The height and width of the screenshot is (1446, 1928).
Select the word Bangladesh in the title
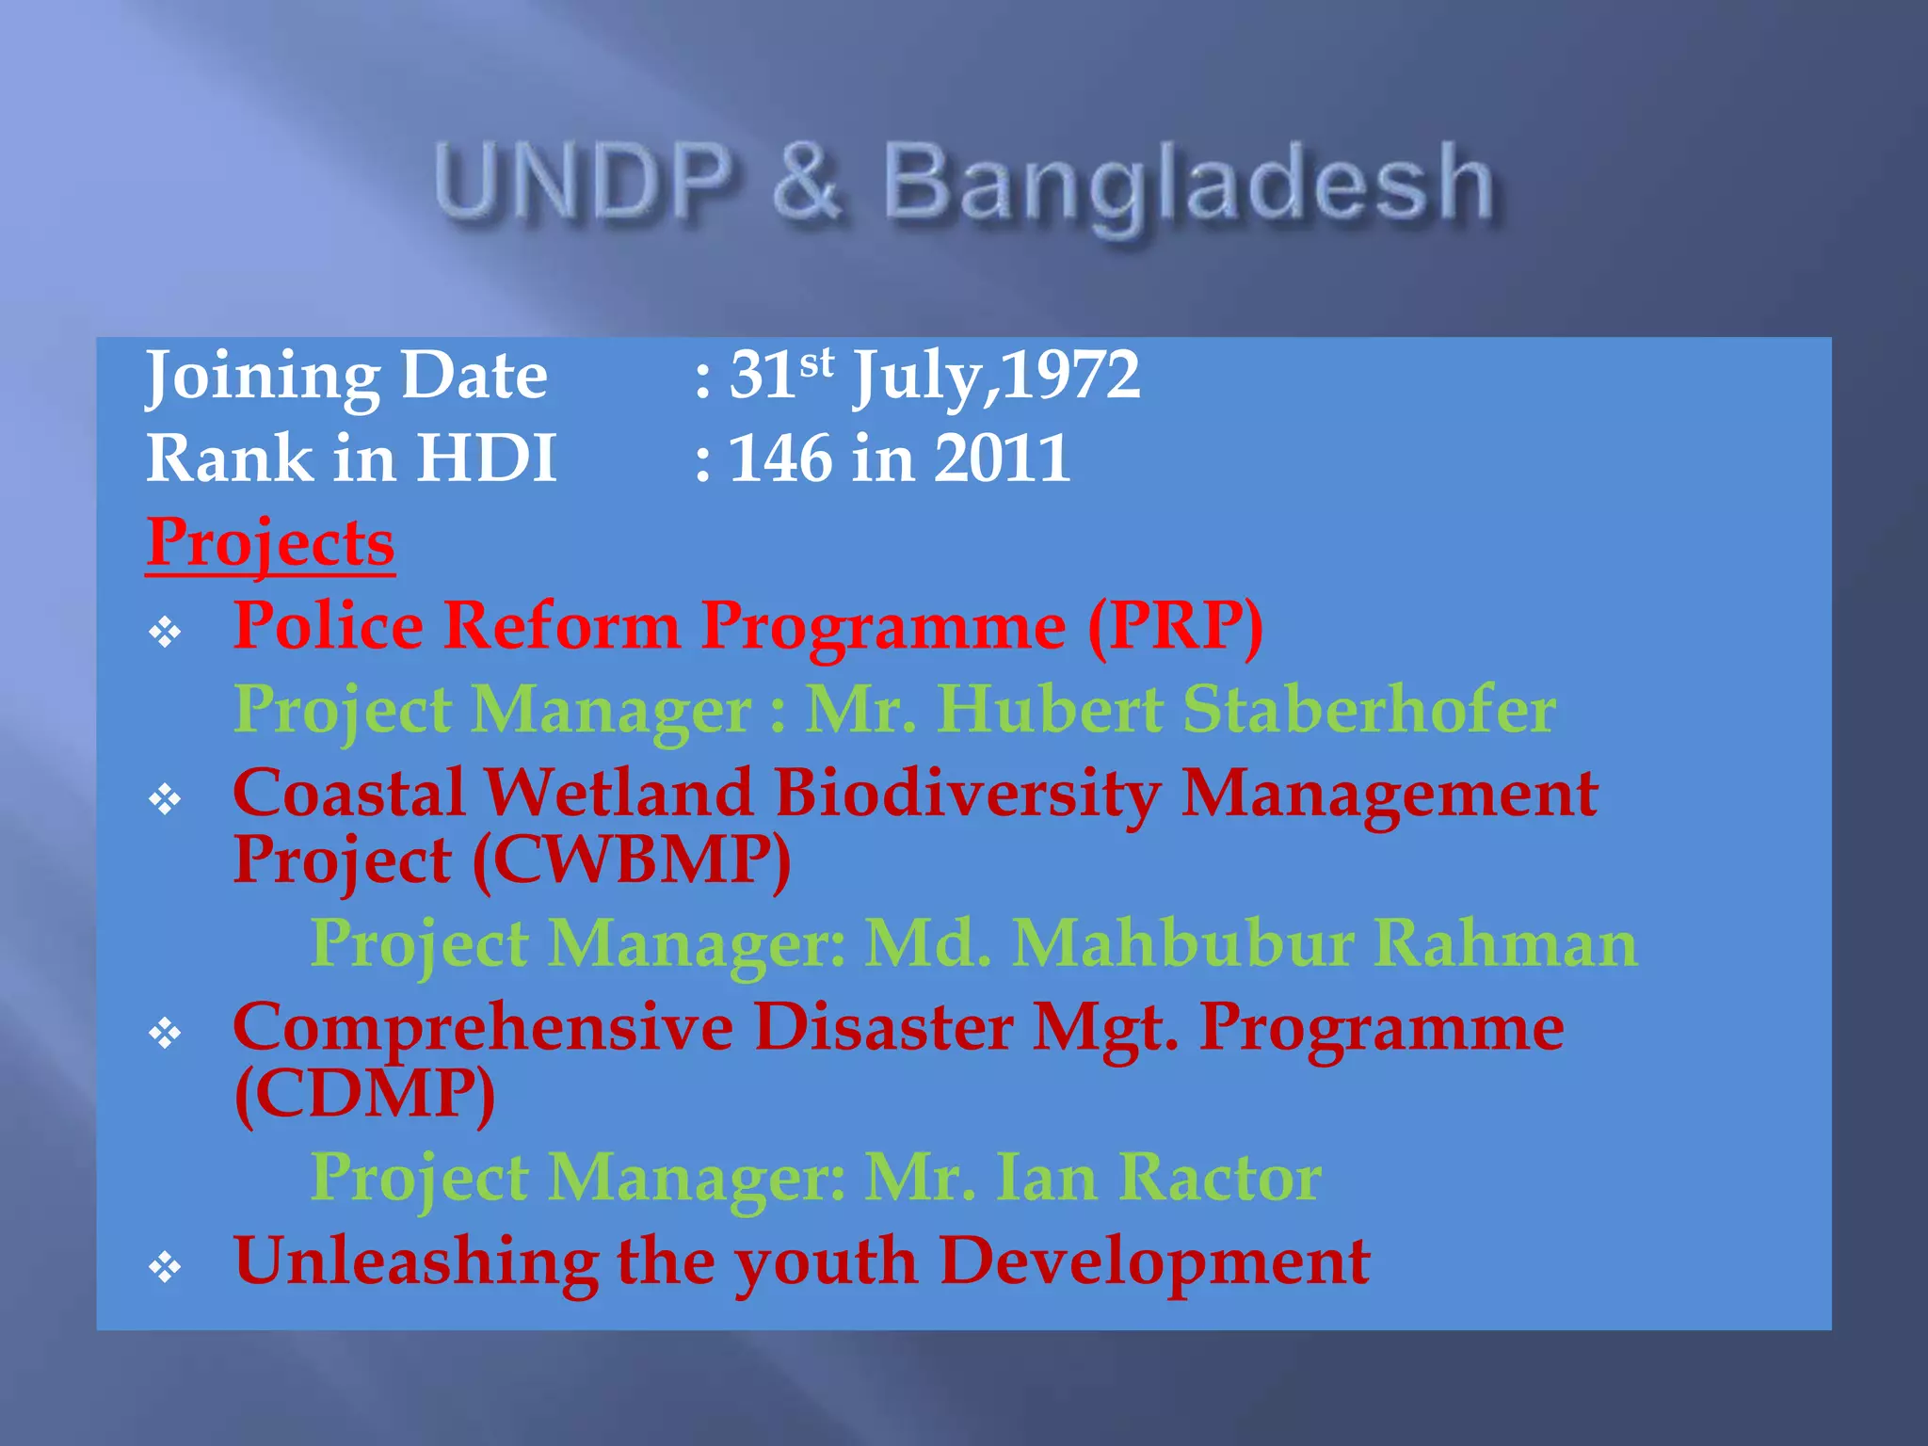(x=1188, y=186)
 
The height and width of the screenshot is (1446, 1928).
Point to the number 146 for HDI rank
(x=780, y=458)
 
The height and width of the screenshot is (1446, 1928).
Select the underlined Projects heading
(x=270, y=542)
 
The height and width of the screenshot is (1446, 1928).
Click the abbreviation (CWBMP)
(x=632, y=860)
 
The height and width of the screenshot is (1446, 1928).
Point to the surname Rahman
(x=1505, y=942)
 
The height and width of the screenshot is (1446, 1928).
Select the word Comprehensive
(x=483, y=1027)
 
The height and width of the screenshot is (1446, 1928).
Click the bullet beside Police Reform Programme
(x=165, y=632)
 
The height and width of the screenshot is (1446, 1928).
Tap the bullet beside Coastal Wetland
(x=165, y=799)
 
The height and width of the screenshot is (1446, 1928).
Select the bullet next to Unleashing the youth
(x=165, y=1267)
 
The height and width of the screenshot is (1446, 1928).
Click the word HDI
(x=487, y=458)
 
